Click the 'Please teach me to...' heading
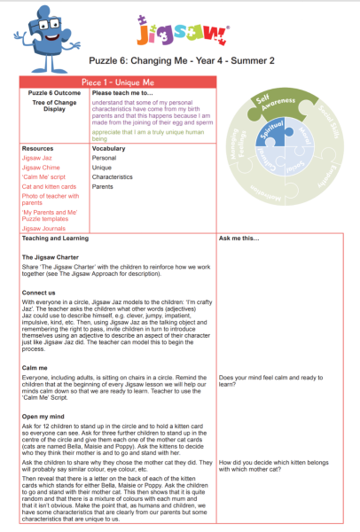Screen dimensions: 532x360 click(121, 91)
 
